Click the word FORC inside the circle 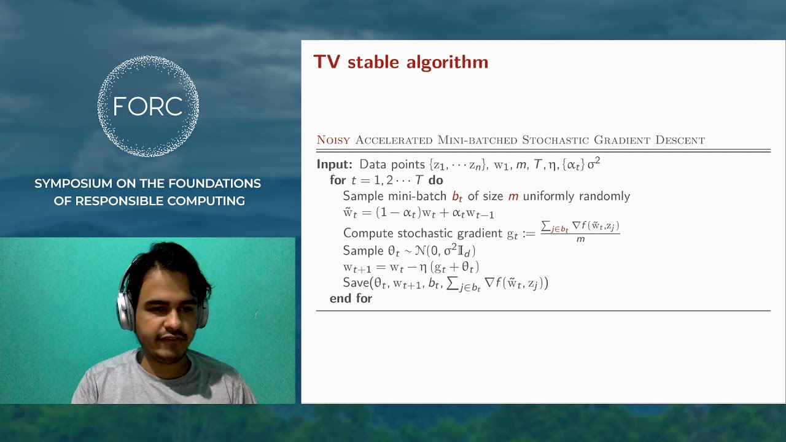tap(148, 107)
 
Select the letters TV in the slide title tap(327, 62)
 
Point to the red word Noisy tap(333, 140)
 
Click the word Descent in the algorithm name tap(680, 140)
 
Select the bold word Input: tap(335, 165)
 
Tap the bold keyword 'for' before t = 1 tap(338, 180)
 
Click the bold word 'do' tap(435, 180)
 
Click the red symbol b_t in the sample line tap(457, 196)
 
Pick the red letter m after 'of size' tap(513, 196)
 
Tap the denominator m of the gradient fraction tap(580, 239)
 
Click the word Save tap(356, 283)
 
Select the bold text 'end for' tap(351, 298)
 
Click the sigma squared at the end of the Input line tap(593, 163)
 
